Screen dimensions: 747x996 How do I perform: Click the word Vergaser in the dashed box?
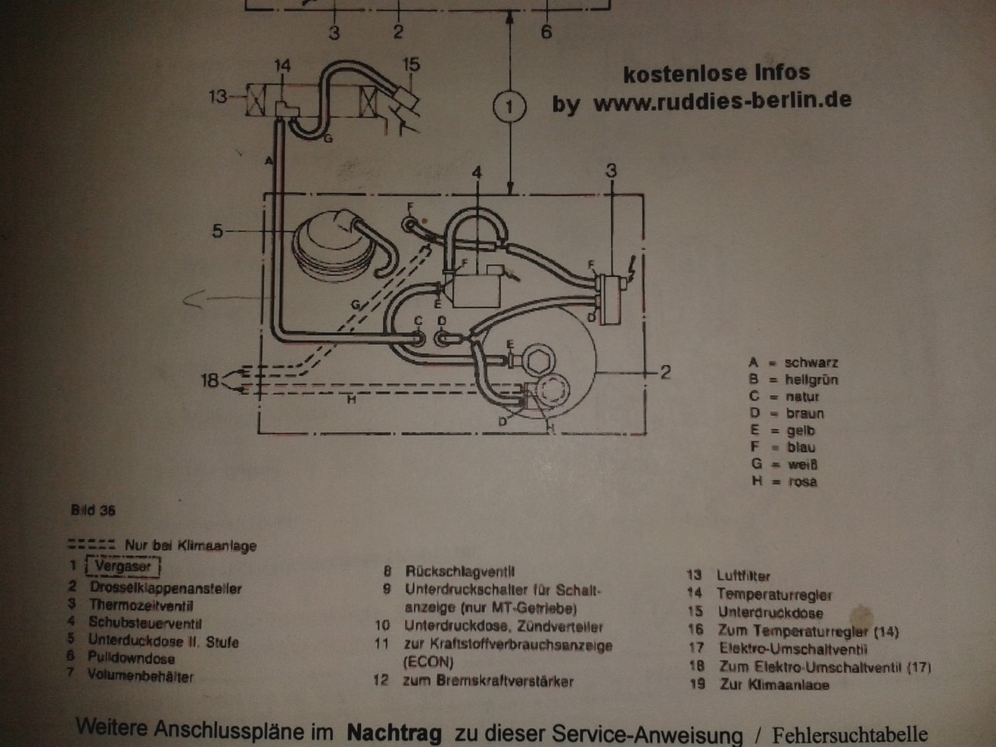tap(123, 566)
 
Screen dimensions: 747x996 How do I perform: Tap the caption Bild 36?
tap(93, 510)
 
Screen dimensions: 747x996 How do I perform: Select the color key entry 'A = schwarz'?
tap(793, 363)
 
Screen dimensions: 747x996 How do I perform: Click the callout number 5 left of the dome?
tap(217, 231)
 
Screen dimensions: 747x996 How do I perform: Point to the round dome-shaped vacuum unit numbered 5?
tap(323, 244)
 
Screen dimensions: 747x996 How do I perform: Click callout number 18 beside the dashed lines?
tap(209, 381)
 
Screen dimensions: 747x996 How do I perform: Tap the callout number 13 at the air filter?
tap(219, 97)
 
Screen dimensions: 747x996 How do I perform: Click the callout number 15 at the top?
tap(411, 65)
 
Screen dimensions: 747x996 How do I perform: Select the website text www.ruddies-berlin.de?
tap(722, 101)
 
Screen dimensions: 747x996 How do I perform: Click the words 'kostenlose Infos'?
tap(716, 74)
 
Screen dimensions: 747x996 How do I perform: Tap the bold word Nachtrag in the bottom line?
tap(394, 732)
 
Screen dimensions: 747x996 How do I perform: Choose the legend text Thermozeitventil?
tap(141, 605)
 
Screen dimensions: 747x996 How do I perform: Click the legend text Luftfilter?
tap(743, 576)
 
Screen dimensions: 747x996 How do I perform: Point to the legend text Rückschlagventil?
tap(460, 572)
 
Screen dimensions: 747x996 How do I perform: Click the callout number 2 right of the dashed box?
tap(665, 372)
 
